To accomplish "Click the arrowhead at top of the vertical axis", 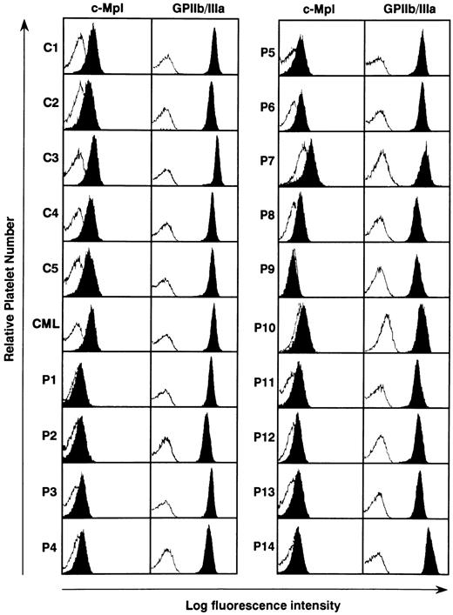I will [x=23, y=26].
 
